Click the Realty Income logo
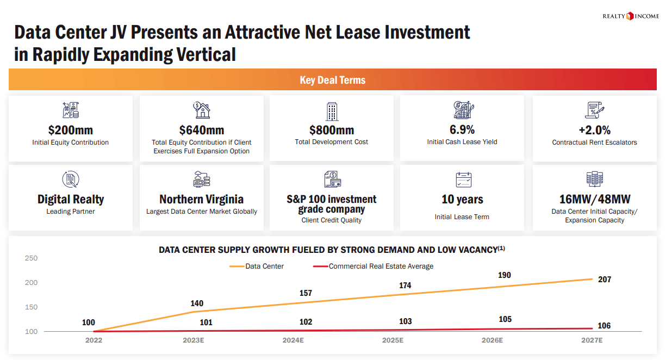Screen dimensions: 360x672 click(x=631, y=16)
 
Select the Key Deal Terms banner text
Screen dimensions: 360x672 click(x=333, y=80)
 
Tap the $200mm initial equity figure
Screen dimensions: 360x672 click(x=71, y=130)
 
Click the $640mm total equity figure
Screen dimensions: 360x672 click(x=202, y=130)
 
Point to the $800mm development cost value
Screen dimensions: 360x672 click(x=332, y=130)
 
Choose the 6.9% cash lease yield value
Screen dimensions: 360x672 click(x=462, y=129)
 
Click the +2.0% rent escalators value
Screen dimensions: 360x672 click(x=594, y=130)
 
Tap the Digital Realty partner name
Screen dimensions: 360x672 click(x=71, y=199)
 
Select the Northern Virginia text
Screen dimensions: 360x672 click(x=202, y=199)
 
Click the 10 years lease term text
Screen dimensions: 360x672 click(x=462, y=199)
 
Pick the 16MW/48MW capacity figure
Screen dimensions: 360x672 click(x=594, y=199)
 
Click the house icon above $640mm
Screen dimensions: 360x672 click(x=202, y=110)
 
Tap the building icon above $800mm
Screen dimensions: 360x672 click(x=332, y=111)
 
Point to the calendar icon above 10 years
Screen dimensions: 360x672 click(x=463, y=180)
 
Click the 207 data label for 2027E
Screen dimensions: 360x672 click(x=605, y=280)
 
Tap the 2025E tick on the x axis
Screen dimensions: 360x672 click(x=393, y=340)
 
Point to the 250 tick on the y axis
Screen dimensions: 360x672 click(x=32, y=258)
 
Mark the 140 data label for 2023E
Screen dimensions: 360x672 click(x=196, y=303)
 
